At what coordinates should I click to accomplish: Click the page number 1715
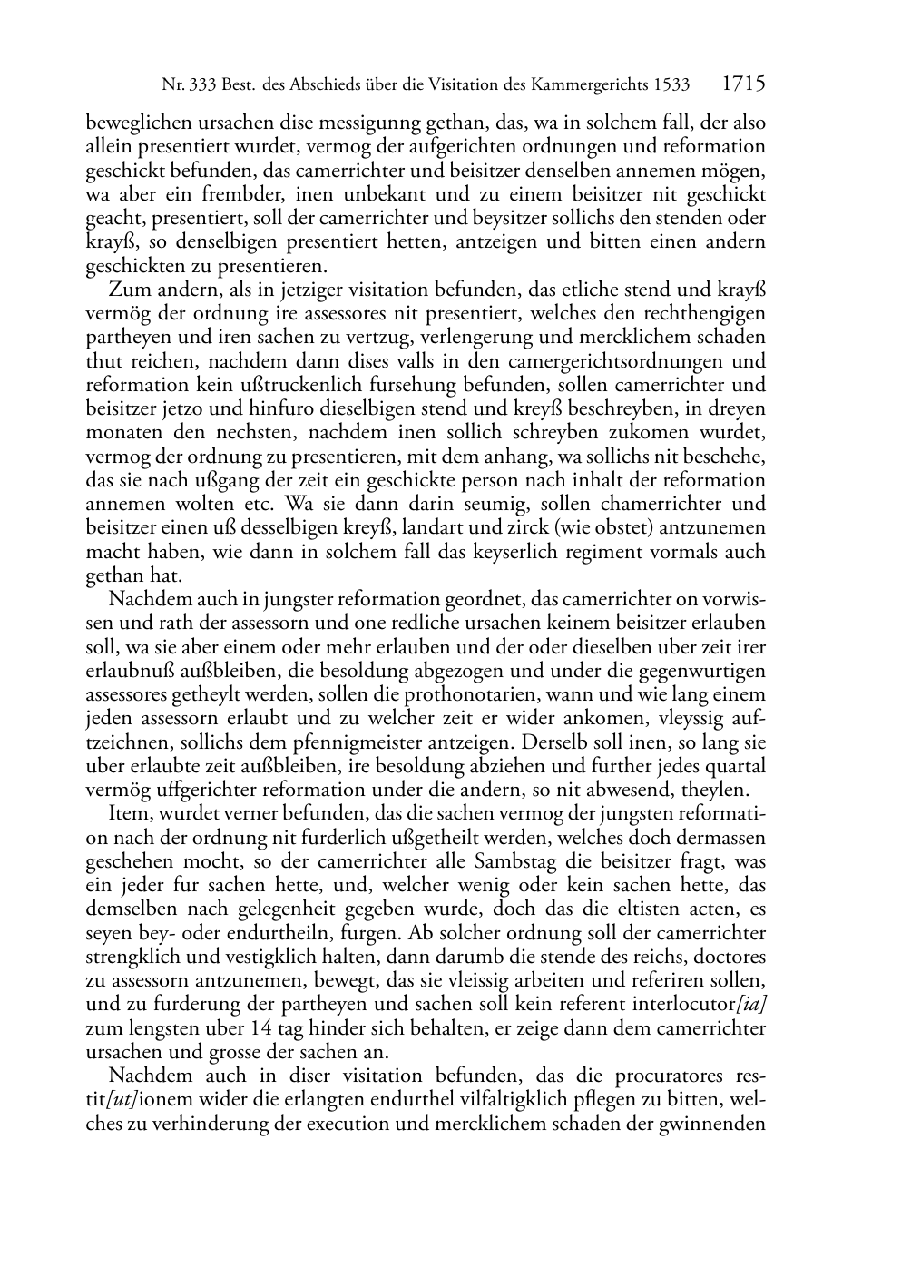(743, 85)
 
